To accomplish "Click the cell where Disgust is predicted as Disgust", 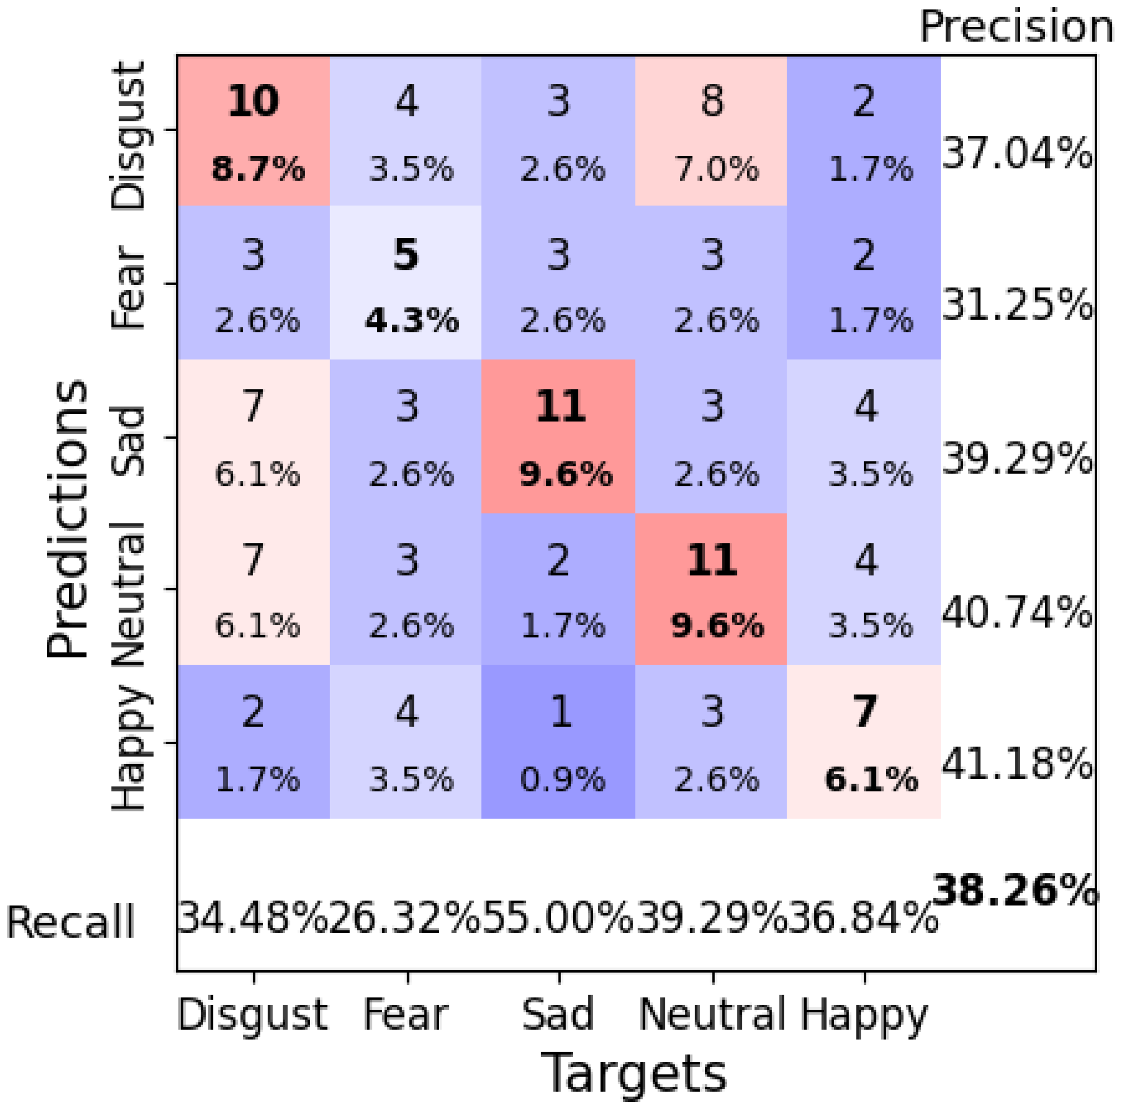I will (x=253, y=132).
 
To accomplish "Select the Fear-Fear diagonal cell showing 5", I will (x=406, y=284).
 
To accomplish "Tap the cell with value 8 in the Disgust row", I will (x=712, y=132).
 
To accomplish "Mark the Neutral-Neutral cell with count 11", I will (x=712, y=589).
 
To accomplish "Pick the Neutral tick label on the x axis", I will (x=712, y=1015).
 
